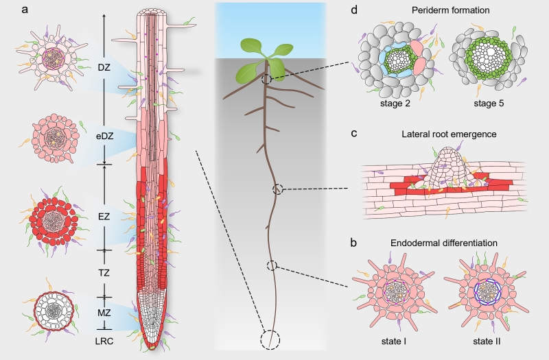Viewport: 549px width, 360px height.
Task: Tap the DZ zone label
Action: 104,67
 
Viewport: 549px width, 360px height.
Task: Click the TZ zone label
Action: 104,273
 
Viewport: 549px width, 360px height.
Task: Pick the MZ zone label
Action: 104,312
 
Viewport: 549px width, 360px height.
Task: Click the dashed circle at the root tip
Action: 271,339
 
